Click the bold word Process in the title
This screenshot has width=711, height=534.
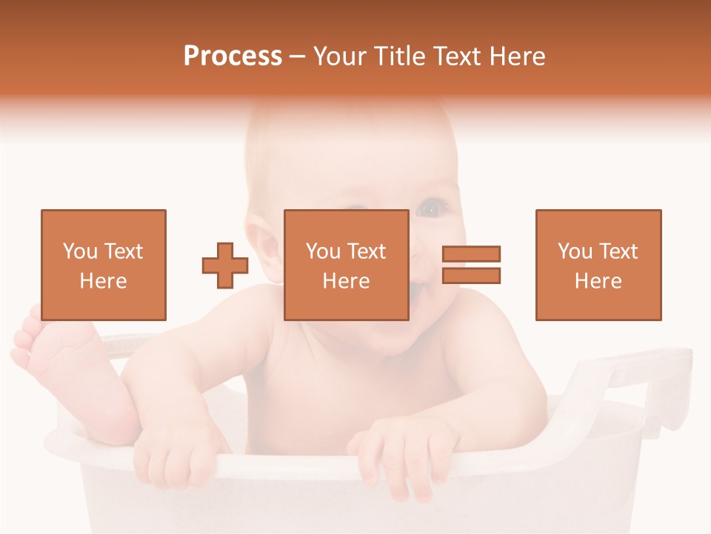tap(233, 56)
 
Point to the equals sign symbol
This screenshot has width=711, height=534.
tap(471, 265)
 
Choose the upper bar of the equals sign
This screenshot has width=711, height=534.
tap(471, 254)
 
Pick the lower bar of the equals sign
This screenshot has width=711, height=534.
tap(471, 275)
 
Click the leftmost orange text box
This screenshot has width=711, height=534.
tap(103, 265)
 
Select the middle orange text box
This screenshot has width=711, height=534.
tap(346, 265)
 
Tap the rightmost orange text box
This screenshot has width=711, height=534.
tap(598, 265)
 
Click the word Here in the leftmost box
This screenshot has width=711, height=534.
tap(103, 281)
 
